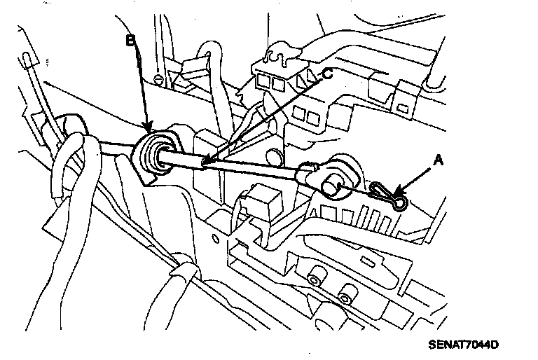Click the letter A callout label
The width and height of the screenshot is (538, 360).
[x=439, y=160]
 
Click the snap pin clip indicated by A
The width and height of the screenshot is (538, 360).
[x=388, y=197]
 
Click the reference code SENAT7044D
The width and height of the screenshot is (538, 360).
[x=464, y=345]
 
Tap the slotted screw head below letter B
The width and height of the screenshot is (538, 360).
[x=159, y=77]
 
